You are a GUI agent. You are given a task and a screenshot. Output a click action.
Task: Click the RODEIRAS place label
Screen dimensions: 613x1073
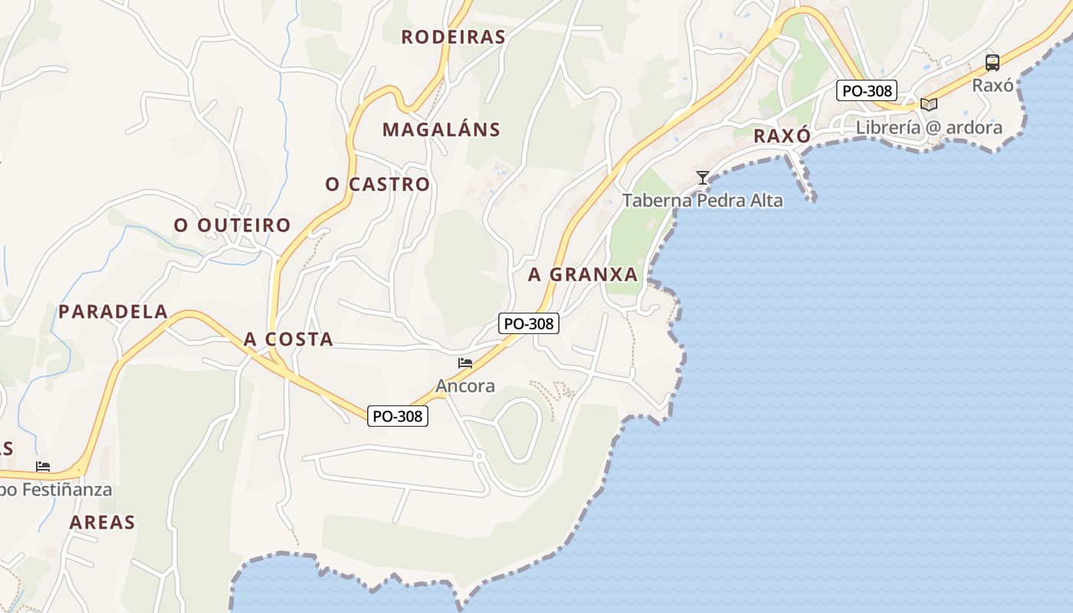tap(453, 37)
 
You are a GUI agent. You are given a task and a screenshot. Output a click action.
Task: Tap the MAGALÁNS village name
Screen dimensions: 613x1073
tap(441, 129)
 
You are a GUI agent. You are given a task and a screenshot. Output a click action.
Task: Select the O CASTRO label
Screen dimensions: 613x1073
tap(377, 185)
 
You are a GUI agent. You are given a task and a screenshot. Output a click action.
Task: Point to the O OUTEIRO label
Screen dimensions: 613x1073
tap(231, 225)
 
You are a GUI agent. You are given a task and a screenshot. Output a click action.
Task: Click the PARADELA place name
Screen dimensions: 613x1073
tap(113, 312)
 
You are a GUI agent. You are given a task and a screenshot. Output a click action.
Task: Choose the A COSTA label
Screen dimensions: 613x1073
tap(288, 339)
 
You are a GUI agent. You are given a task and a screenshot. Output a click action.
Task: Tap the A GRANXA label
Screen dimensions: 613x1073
tap(582, 274)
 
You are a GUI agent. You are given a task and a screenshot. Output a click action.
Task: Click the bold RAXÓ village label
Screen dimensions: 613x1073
tap(782, 136)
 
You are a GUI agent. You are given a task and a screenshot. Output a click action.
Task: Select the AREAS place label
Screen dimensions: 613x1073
tap(102, 523)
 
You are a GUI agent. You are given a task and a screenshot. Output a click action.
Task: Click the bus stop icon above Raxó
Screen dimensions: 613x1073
tap(992, 63)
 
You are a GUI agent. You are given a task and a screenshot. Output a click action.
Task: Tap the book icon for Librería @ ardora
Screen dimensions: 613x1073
tap(929, 104)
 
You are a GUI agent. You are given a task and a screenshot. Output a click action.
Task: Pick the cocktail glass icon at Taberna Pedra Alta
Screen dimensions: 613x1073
tap(702, 178)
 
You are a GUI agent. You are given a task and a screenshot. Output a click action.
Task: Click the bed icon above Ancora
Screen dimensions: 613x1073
tap(465, 363)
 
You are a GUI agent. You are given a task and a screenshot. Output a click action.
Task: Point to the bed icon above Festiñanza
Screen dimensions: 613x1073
tap(43, 467)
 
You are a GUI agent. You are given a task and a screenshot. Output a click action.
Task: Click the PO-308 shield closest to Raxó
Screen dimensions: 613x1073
tap(866, 90)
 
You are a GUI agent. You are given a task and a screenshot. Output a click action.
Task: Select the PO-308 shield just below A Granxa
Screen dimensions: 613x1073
tap(529, 323)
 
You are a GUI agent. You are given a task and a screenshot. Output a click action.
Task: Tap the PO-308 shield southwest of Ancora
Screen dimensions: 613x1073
tap(397, 416)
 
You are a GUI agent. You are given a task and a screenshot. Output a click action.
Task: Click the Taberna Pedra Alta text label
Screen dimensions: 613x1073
tap(702, 201)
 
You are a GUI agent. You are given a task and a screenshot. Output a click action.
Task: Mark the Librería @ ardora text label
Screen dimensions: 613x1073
tap(928, 127)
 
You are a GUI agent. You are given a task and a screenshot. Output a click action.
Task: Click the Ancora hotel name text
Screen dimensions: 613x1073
tap(465, 386)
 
